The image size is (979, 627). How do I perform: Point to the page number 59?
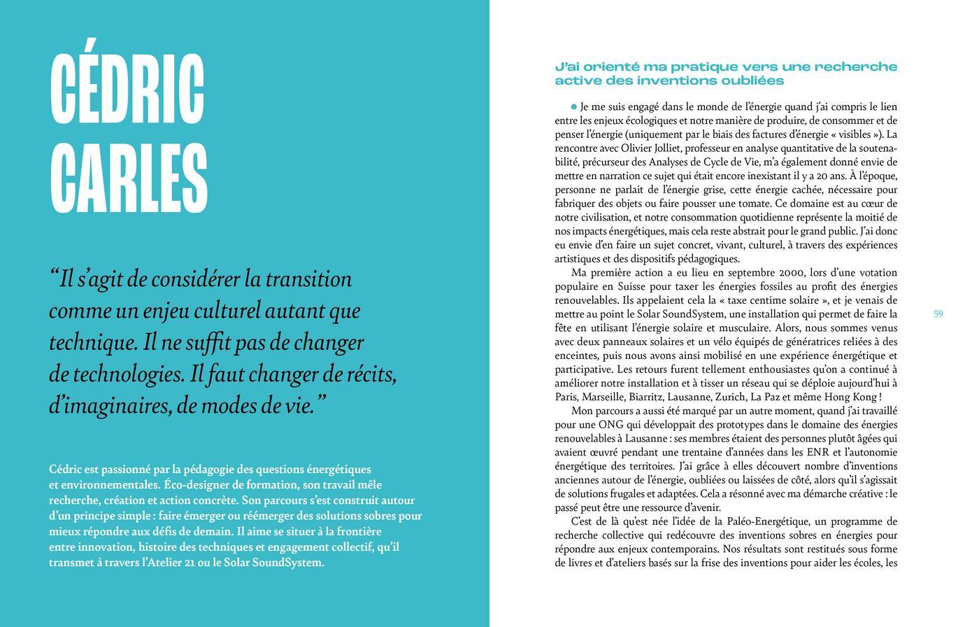point(938,314)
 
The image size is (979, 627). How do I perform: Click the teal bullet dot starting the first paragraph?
point(574,107)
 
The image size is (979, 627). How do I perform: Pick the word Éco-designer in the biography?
point(194,485)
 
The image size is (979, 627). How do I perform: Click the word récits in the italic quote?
point(371,374)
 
